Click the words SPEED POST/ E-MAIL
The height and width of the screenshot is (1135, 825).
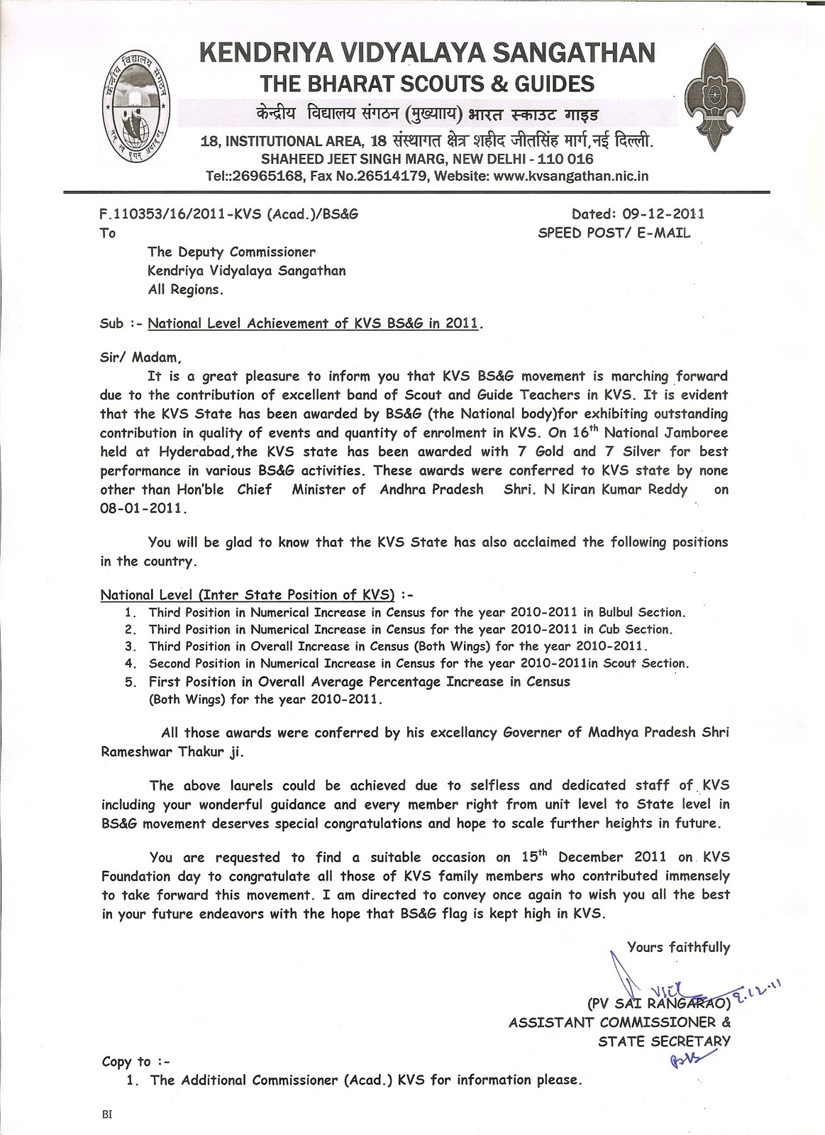point(614,232)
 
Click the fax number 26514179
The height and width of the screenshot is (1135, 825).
point(392,175)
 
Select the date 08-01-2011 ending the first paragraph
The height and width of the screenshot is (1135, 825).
point(143,509)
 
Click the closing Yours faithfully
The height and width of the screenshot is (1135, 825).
point(678,946)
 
